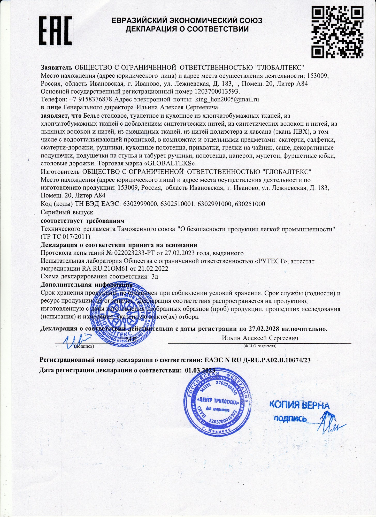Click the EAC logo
[x=55, y=30]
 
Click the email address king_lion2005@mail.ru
[x=227, y=99]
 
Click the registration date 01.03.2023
[x=200, y=370]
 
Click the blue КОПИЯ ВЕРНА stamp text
[x=299, y=405]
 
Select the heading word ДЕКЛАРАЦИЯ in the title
[x=151, y=29]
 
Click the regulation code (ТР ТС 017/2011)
[x=65, y=237]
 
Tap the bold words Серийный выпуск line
[x=67, y=212]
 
